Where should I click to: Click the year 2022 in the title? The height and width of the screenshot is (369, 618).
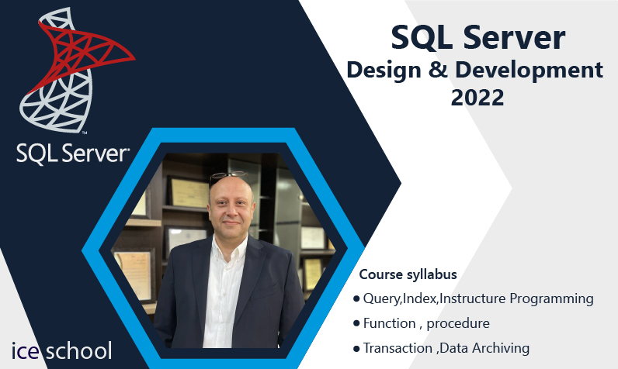[477, 98]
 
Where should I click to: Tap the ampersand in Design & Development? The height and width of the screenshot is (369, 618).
[439, 70]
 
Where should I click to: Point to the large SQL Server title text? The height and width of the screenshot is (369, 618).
[477, 37]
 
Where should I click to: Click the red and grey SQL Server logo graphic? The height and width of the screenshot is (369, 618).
[75, 70]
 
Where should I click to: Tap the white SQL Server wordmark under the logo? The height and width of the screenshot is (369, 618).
[73, 153]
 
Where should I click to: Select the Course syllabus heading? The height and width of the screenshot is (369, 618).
[408, 274]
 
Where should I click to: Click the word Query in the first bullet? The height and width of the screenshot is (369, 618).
[381, 299]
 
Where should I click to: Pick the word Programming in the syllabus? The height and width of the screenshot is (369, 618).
[551, 299]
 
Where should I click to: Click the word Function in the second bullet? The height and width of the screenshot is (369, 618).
[389, 323]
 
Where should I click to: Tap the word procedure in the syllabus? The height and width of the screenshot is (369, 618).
[458, 324]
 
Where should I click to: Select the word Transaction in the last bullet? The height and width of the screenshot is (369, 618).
[398, 348]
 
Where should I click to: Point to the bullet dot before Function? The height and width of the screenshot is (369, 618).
[356, 323]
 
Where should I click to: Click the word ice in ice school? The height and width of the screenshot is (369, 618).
[25, 350]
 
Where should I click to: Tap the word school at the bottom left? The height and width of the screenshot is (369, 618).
[79, 350]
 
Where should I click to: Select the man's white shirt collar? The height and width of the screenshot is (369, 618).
[229, 245]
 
